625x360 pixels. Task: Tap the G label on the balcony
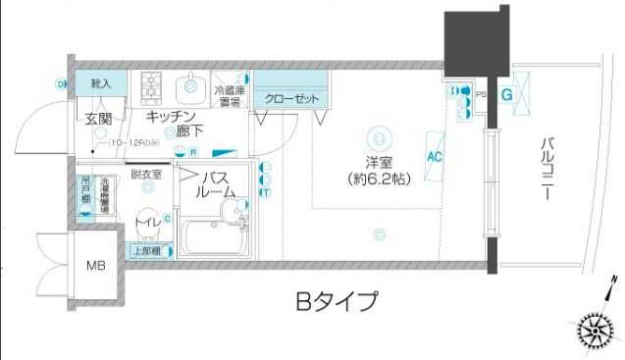coord(506,95)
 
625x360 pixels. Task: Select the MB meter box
coord(96,266)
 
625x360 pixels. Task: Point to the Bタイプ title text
coord(336,301)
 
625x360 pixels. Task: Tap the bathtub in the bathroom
coord(214,237)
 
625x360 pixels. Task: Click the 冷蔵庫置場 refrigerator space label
coord(229,95)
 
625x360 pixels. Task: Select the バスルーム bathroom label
coord(218,184)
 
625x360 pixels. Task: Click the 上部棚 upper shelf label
coord(147,251)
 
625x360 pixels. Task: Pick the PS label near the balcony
coord(480,94)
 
